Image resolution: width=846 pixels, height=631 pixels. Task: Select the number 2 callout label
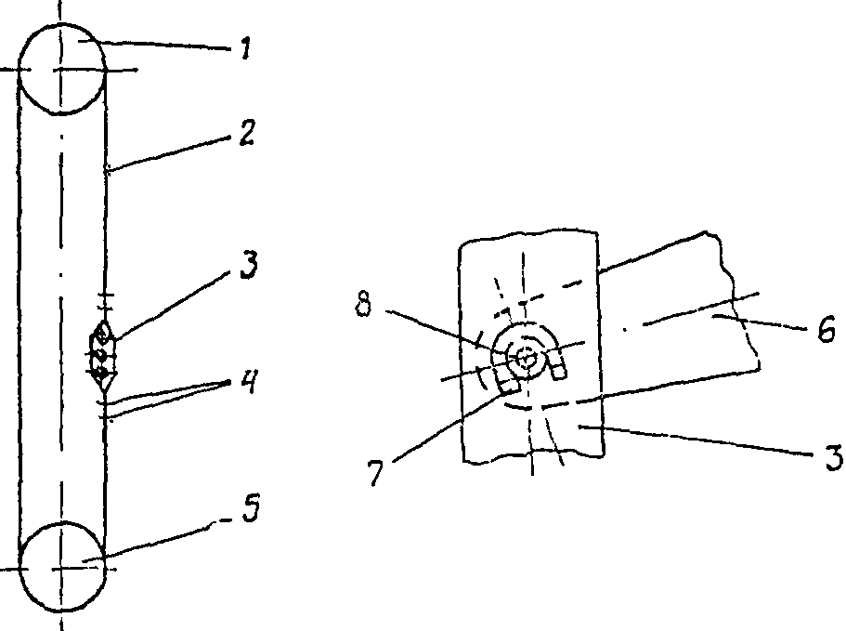tap(245, 134)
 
